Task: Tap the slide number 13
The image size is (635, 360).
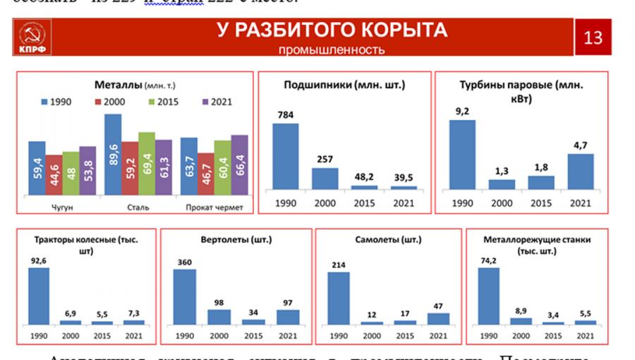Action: (x=593, y=37)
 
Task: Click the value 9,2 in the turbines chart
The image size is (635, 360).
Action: (x=463, y=111)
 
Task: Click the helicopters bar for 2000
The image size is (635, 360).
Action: (x=219, y=316)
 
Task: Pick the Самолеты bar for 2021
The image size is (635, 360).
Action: (x=438, y=318)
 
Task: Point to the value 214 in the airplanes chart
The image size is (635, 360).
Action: (x=339, y=264)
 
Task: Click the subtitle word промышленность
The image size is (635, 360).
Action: (x=332, y=49)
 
